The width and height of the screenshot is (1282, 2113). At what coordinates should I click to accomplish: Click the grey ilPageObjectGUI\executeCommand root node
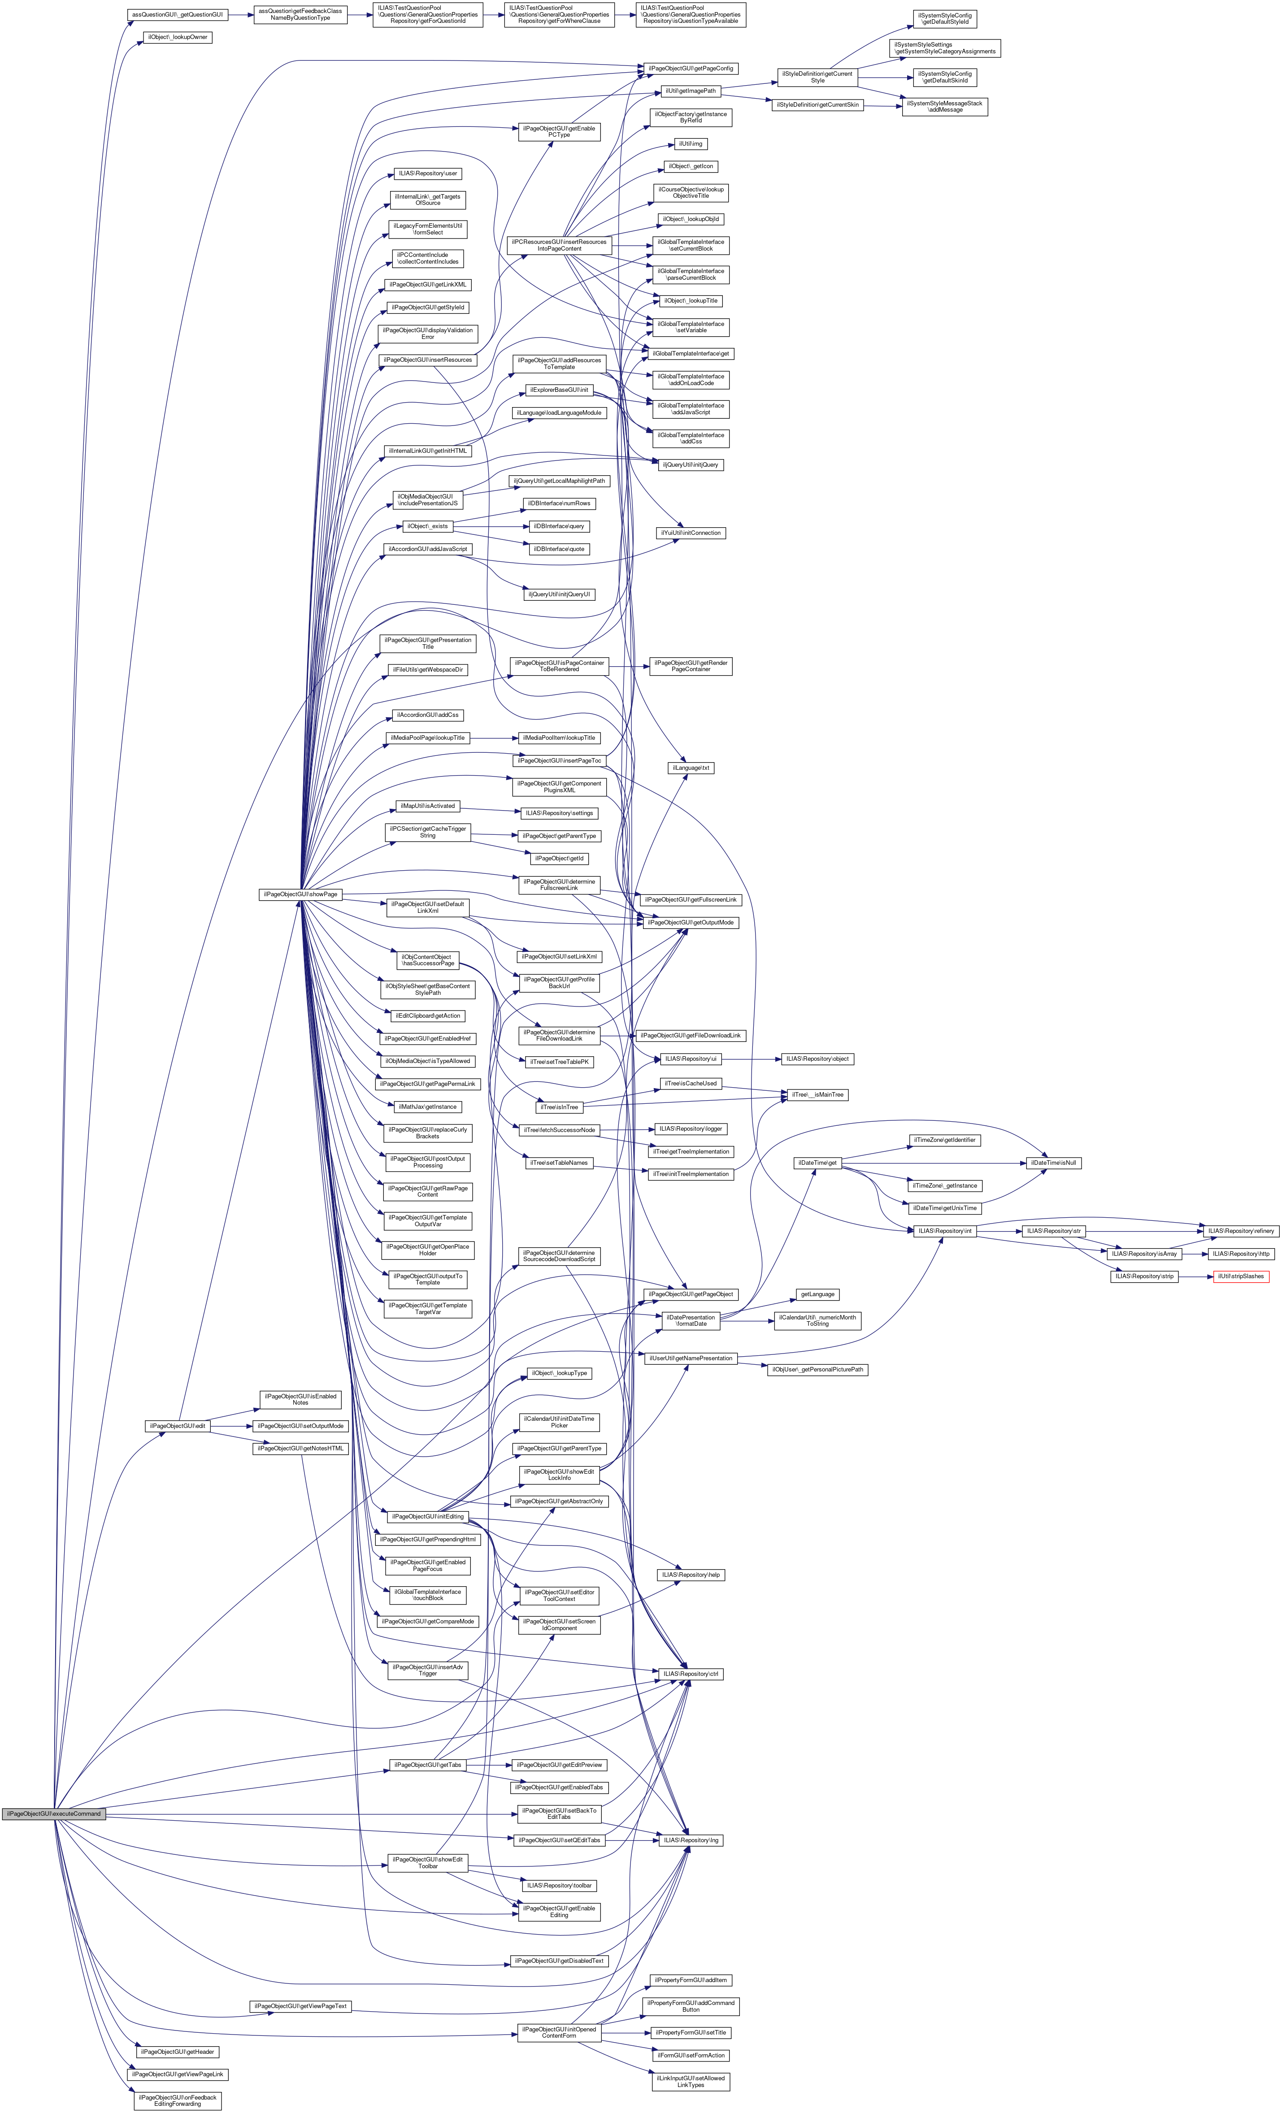[52, 1813]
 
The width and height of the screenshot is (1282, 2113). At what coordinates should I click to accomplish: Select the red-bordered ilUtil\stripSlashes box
[1240, 1276]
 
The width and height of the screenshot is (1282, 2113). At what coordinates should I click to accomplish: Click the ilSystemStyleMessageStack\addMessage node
[944, 106]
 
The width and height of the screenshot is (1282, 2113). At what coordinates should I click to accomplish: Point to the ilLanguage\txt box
[690, 768]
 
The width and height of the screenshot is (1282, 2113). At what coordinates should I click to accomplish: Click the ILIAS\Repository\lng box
[690, 1840]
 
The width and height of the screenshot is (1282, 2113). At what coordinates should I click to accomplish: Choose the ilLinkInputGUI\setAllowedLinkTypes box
[690, 2081]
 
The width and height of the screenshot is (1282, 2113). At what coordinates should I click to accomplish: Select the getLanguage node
[817, 1294]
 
